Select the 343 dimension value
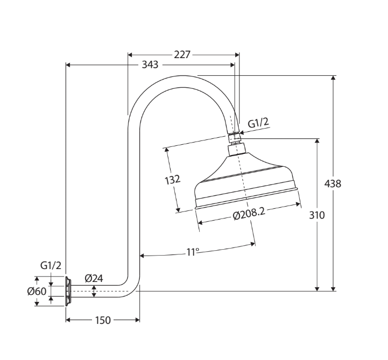150,65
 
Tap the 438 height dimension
333,183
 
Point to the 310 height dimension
317,215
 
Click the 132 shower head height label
172,179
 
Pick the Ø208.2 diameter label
249,214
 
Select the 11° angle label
193,251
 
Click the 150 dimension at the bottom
102,320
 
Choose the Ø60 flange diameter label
37,291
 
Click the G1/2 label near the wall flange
51,265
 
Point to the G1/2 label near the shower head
258,123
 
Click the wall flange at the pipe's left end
68,291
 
